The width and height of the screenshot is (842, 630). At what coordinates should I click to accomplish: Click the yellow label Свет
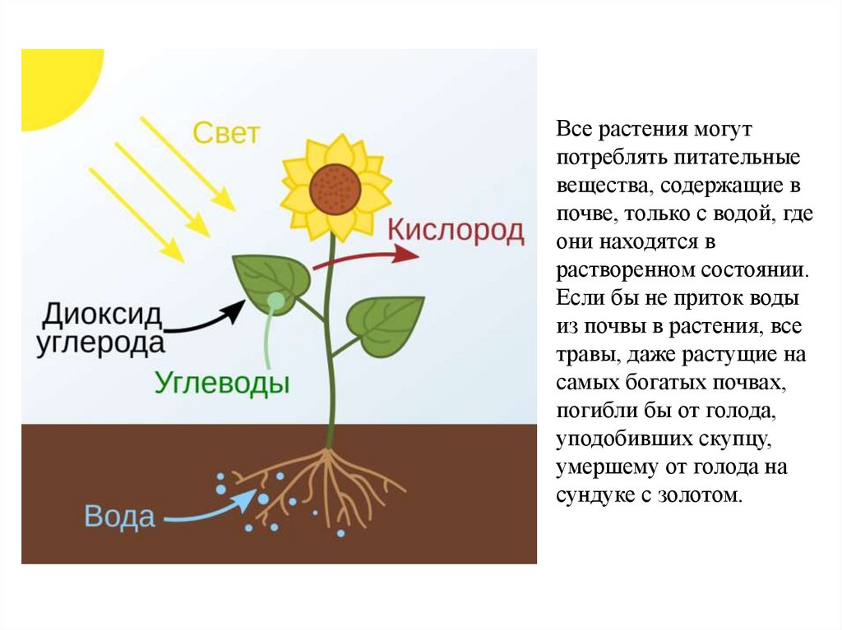tap(226, 133)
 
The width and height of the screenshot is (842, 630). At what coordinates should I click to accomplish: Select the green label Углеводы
tap(222, 383)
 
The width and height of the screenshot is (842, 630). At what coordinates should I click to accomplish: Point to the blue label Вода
tap(119, 517)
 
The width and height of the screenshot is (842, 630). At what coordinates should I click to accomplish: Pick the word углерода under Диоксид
tap(100, 343)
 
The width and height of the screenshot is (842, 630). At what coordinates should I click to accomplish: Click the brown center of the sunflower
tap(335, 189)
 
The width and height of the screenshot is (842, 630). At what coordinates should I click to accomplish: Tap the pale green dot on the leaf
tap(276, 301)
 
